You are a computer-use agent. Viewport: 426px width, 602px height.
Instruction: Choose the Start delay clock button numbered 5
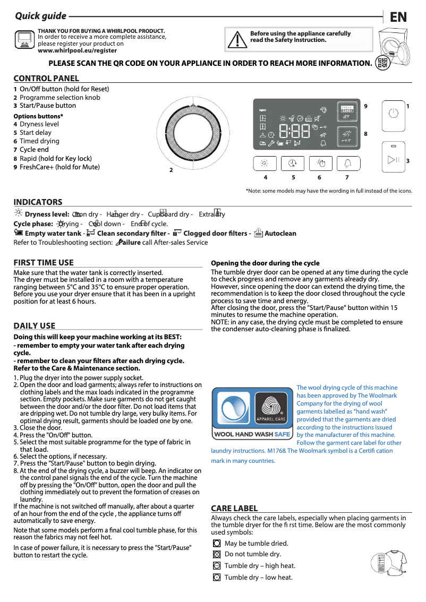(x=292, y=163)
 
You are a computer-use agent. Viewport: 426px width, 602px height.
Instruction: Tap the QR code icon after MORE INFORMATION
(x=381, y=63)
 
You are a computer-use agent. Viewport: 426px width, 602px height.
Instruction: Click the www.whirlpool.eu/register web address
(x=77, y=50)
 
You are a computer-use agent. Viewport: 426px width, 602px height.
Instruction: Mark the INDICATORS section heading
(x=38, y=202)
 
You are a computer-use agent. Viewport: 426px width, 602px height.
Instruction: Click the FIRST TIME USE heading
(x=44, y=263)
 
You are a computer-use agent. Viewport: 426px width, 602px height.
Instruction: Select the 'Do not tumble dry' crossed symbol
(x=216, y=555)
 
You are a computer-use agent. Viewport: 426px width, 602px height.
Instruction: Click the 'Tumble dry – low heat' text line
(x=258, y=578)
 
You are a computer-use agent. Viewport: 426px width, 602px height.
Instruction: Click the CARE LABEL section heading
(x=234, y=509)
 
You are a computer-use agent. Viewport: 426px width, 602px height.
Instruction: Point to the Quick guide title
(x=41, y=16)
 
